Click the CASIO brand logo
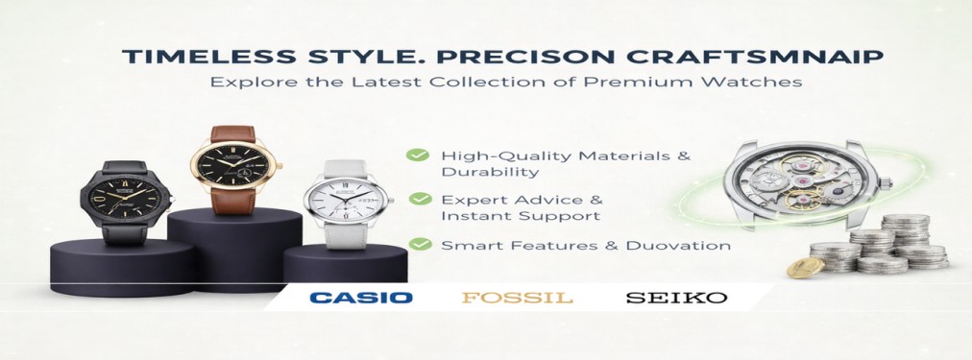(x=361, y=298)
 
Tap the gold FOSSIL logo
(x=517, y=298)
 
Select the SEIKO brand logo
(x=676, y=298)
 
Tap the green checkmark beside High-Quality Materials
(x=418, y=155)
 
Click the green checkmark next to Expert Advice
(x=421, y=199)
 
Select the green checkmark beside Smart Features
(x=421, y=244)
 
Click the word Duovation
(x=678, y=246)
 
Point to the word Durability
(x=491, y=172)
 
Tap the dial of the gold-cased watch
(x=233, y=164)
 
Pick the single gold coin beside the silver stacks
(x=805, y=268)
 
